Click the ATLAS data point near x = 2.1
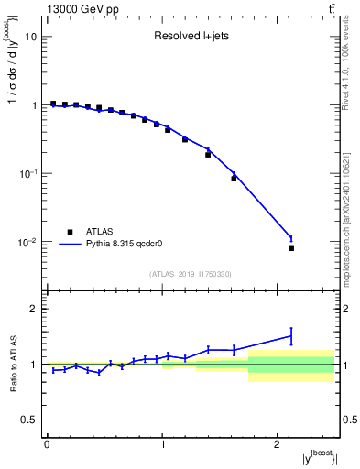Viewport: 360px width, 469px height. coord(291,248)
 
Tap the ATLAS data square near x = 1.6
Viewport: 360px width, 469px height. coord(234,178)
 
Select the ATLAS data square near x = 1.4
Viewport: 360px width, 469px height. coord(208,154)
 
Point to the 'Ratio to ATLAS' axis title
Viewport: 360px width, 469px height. coord(12,364)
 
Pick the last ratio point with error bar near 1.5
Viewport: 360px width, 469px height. coord(291,336)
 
